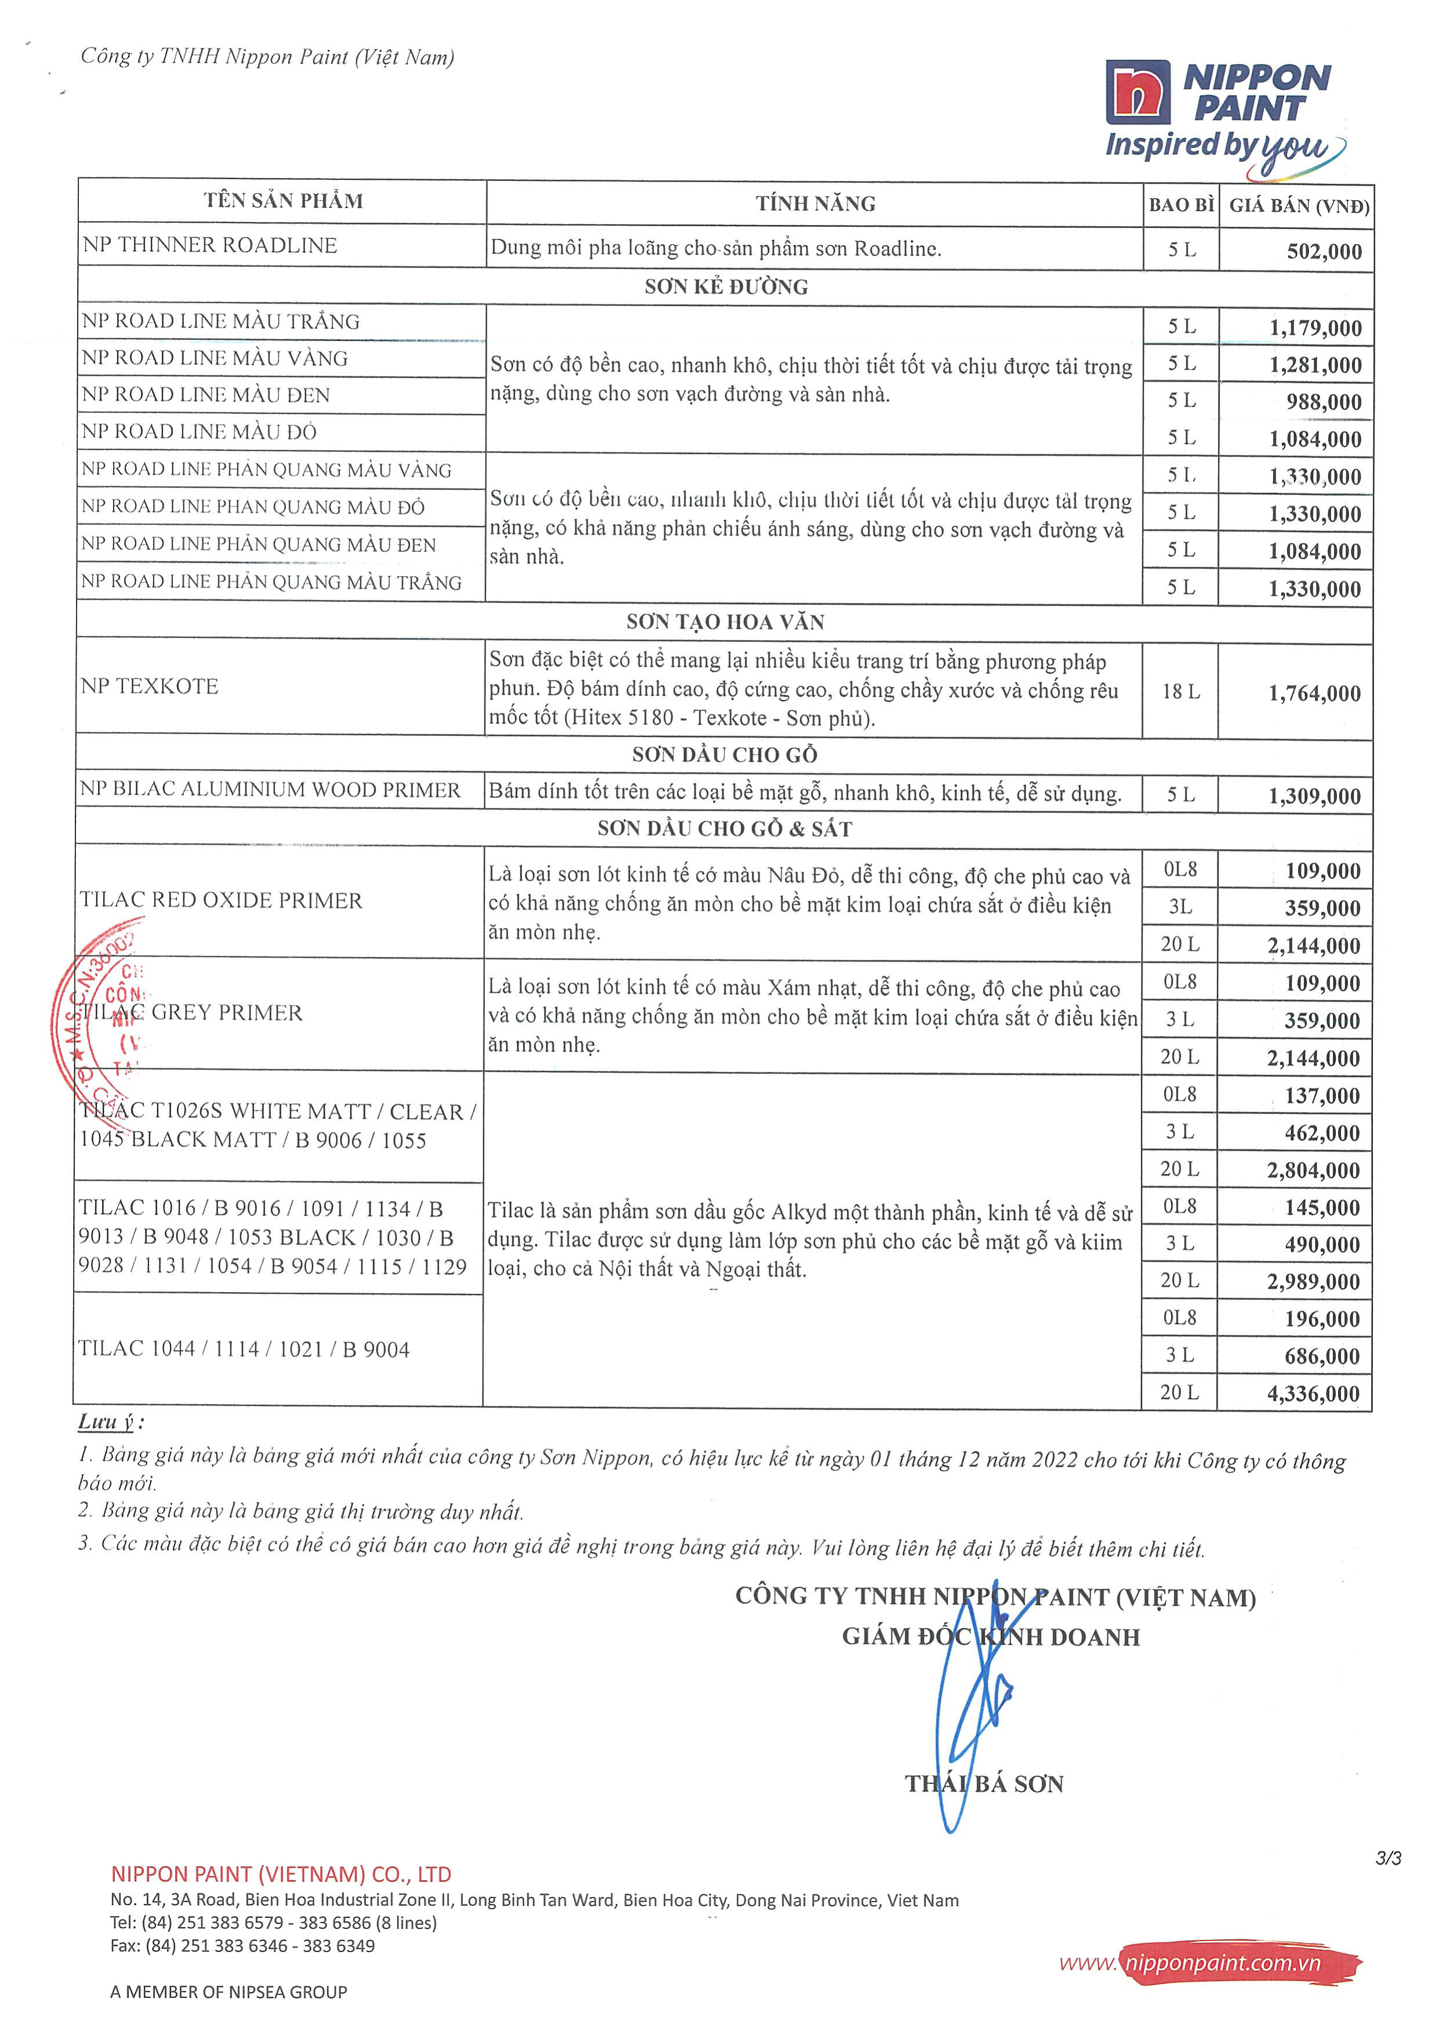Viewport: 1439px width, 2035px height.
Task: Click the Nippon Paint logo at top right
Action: click(1224, 111)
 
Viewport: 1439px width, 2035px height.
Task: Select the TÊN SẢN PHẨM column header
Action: click(283, 201)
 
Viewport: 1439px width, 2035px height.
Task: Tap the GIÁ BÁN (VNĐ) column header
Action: click(1299, 206)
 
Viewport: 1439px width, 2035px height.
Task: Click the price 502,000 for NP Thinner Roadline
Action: click(1324, 252)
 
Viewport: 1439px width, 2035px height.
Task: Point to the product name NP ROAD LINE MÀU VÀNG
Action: click(215, 358)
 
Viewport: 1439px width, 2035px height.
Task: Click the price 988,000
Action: click(1324, 402)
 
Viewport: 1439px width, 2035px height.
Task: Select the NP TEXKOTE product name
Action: click(149, 686)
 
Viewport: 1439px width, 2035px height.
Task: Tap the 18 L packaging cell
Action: click(1181, 691)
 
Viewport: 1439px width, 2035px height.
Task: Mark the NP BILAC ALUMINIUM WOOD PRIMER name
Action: click(270, 790)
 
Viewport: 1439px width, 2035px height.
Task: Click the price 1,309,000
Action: click(1314, 796)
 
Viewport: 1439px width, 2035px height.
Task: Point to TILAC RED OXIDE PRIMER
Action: click(221, 901)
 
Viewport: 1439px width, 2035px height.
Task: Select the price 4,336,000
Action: click(1313, 1394)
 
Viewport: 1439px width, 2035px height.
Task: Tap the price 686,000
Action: click(1322, 1356)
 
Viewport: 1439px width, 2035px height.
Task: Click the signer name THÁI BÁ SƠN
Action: click(984, 1783)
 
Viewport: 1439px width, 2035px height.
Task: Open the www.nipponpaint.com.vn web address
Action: click(1210, 1963)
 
